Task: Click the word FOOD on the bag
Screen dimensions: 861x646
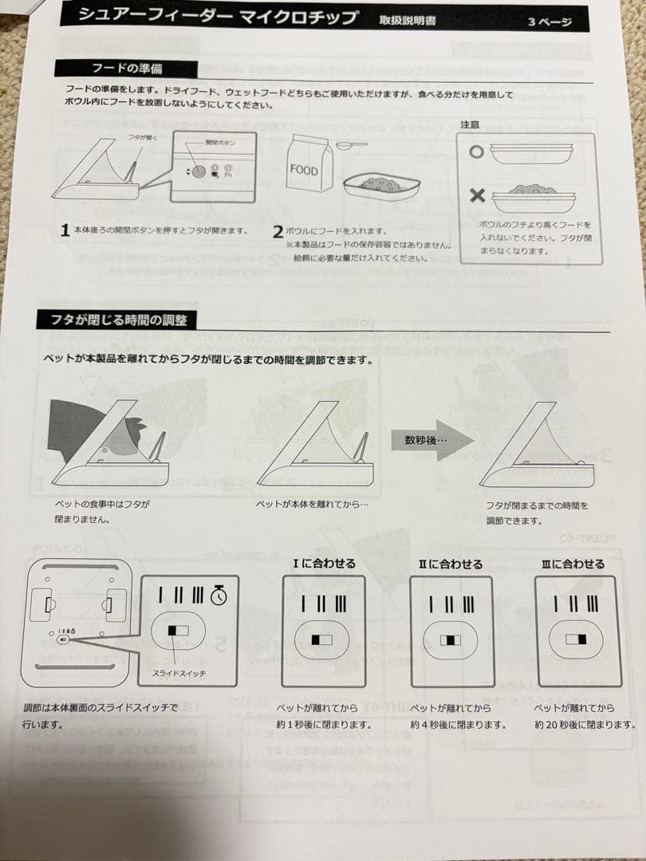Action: click(x=303, y=171)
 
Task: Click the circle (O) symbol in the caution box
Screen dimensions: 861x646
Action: click(x=477, y=151)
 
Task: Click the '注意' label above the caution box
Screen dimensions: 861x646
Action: click(x=471, y=124)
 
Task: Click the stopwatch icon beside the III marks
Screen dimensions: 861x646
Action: click(x=219, y=595)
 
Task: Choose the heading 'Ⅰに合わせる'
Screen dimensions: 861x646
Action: click(x=324, y=564)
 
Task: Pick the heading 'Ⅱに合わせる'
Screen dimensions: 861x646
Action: click(x=451, y=564)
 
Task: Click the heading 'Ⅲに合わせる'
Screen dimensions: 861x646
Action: click(x=573, y=564)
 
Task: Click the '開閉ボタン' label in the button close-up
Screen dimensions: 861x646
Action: click(x=199, y=142)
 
